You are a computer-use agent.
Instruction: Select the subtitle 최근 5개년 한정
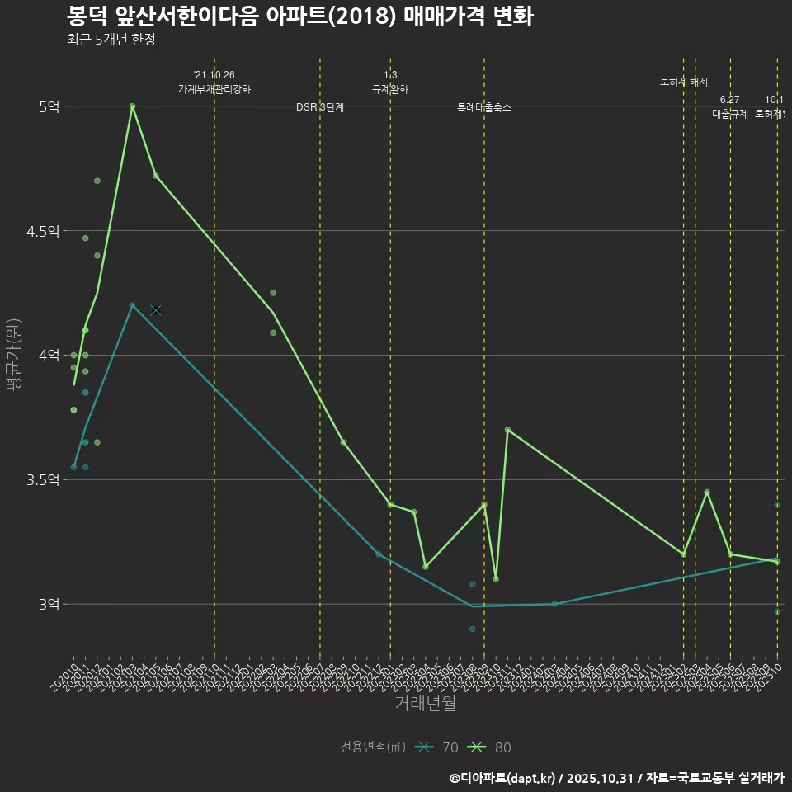point(111,40)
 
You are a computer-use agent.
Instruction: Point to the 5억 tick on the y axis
point(49,106)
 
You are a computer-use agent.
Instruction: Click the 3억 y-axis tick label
point(49,605)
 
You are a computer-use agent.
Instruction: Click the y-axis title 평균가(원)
point(13,355)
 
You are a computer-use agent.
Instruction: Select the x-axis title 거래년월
point(425,704)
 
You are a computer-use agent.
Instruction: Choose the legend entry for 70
point(437,747)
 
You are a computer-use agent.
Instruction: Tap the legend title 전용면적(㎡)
point(373,747)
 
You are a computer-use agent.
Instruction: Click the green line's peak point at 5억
point(132,106)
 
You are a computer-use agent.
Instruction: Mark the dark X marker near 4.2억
point(155,310)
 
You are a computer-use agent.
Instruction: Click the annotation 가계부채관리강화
point(214,89)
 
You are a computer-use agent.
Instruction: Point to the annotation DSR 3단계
point(320,107)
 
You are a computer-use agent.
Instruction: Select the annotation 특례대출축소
point(484,107)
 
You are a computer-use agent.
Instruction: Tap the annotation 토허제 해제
point(684,82)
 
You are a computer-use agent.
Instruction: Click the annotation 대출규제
point(730,115)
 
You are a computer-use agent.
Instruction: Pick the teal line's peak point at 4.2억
point(132,305)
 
